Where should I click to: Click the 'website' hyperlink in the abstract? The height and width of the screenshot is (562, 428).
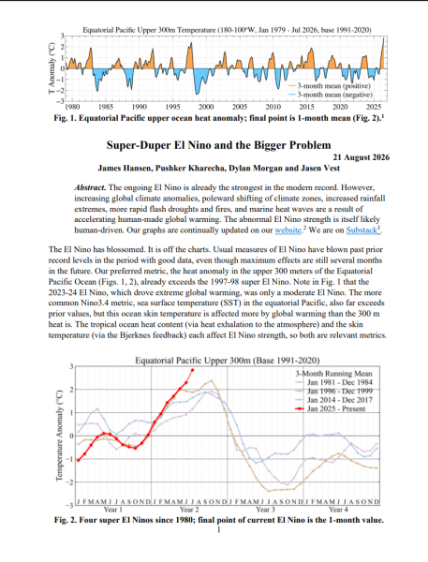(288, 230)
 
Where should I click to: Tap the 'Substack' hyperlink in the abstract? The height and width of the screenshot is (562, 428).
(362, 230)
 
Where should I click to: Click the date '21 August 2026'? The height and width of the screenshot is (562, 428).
(361, 157)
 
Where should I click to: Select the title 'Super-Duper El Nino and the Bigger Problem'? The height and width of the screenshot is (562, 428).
(218, 145)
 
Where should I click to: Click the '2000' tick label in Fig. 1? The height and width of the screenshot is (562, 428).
(206, 107)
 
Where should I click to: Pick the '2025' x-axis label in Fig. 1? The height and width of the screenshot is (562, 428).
(374, 107)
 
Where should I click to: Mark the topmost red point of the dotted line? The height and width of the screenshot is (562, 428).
(193, 370)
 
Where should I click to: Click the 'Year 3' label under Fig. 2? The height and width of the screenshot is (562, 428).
(265, 510)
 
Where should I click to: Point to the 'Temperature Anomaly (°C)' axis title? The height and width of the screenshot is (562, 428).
(59, 436)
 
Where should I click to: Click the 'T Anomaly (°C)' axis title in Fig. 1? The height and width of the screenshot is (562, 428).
(52, 68)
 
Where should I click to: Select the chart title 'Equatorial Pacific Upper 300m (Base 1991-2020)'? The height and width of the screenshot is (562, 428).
(228, 361)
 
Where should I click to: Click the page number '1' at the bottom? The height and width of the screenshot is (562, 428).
(218, 529)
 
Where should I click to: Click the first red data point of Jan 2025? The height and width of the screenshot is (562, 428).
(78, 460)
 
